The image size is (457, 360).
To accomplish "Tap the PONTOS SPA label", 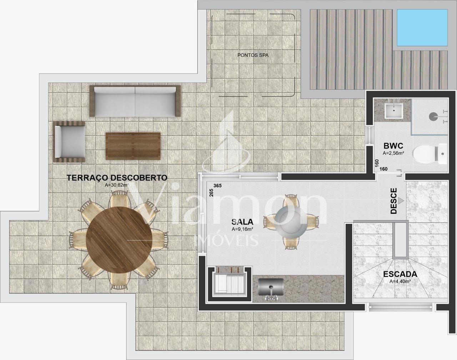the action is (x=253, y=55).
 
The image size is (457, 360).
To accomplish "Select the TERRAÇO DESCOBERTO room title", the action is (x=117, y=177).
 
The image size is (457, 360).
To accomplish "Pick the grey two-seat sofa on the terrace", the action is (x=135, y=101).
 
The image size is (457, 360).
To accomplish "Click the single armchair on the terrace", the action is (x=69, y=142).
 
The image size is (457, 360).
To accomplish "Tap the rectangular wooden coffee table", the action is (x=133, y=146).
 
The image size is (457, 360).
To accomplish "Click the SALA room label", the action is (x=242, y=222).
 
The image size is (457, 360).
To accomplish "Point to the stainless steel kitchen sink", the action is (x=271, y=287).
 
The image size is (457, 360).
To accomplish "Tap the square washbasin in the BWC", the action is (x=394, y=111).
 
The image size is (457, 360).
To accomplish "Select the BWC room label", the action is (x=393, y=146).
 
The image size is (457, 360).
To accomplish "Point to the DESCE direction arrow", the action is (x=401, y=201).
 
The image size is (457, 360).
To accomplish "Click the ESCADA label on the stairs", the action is (x=400, y=274).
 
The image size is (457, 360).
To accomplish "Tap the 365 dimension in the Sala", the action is (x=217, y=186).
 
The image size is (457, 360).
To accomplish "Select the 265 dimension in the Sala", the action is (x=211, y=193).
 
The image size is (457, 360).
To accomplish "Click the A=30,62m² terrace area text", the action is (x=117, y=185).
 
